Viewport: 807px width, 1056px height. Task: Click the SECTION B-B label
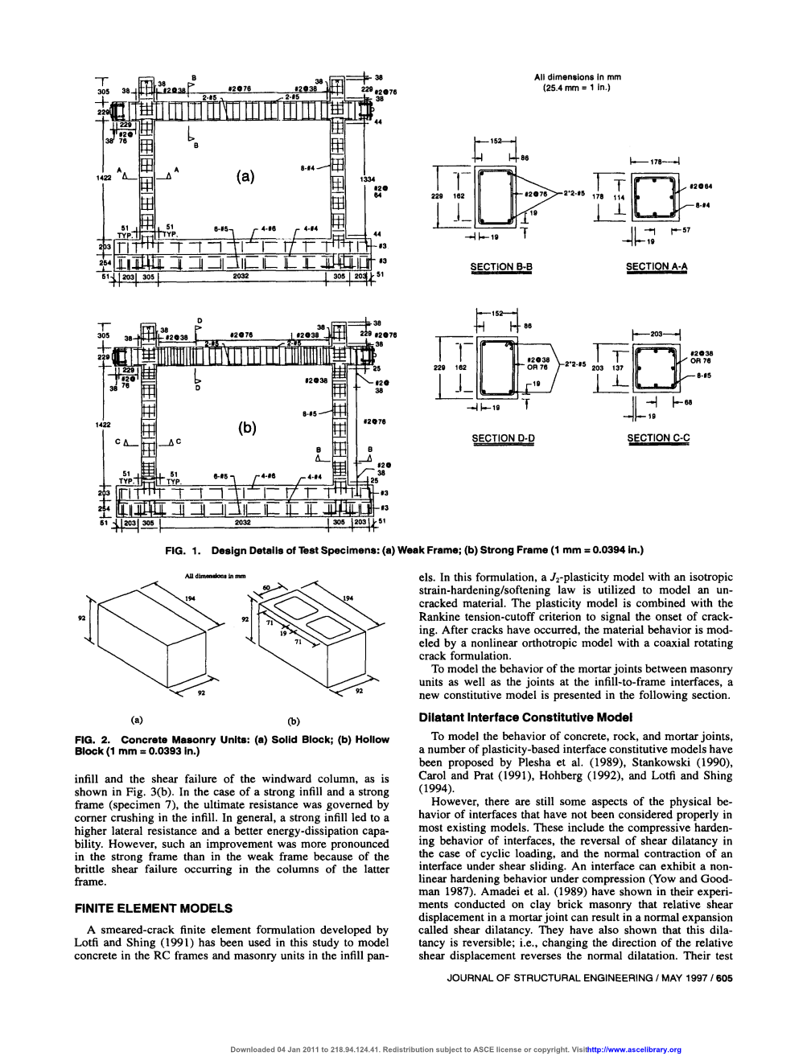coord(502,266)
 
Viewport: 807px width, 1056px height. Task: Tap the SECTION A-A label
coord(657,266)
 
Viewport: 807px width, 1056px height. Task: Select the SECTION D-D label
coord(503,438)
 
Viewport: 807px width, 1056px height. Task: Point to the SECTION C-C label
coord(658,438)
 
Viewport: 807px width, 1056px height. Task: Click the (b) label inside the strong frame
coord(245,428)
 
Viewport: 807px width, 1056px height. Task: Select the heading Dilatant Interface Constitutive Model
coord(525,717)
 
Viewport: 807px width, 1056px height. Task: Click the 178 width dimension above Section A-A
coord(656,162)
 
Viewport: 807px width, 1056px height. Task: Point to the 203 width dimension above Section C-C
coord(657,331)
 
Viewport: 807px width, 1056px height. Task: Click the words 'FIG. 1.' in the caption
coord(181,550)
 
